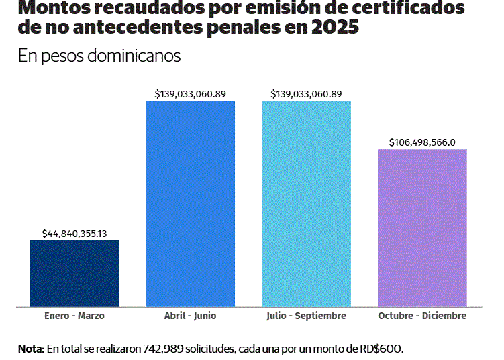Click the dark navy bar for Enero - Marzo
pos(74,273)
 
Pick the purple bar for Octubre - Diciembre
pos(422,228)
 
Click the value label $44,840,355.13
pos(74,233)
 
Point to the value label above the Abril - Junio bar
pos(191,94)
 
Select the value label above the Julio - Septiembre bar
pos(307,94)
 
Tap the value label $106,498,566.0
pos(422,142)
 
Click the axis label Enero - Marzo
pos(74,316)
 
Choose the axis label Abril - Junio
pos(191,316)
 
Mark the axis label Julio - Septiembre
pos(307,316)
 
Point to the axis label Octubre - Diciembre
pos(422,316)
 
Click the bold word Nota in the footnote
pos(30,349)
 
